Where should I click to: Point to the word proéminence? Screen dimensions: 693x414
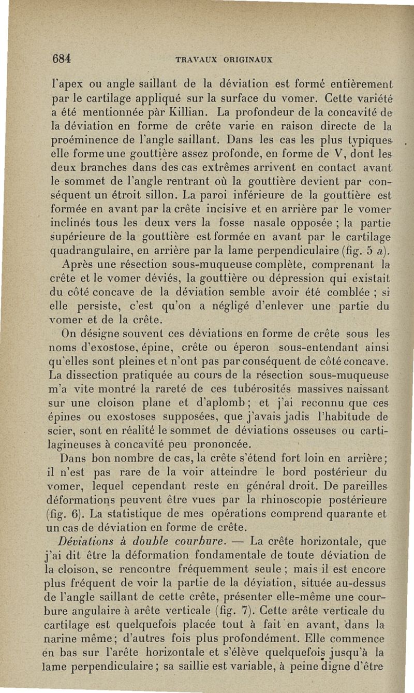(83, 138)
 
